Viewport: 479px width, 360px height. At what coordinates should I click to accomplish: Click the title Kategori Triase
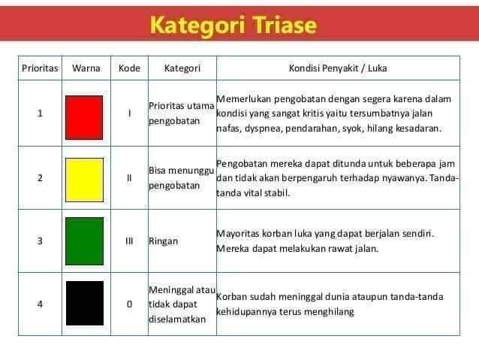click(x=233, y=25)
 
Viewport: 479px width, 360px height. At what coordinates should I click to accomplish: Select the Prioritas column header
click(x=40, y=68)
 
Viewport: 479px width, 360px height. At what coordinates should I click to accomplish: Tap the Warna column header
click(x=86, y=68)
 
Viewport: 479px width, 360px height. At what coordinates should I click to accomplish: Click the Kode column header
click(x=129, y=68)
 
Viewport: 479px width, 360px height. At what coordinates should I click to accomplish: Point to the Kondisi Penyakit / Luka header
click(x=338, y=68)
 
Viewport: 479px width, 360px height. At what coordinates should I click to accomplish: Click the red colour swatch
click(x=84, y=117)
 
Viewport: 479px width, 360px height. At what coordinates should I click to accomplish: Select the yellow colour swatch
click(x=84, y=180)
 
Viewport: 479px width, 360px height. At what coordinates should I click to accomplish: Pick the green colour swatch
click(x=84, y=241)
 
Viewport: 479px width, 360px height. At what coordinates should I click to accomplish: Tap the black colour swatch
click(x=85, y=303)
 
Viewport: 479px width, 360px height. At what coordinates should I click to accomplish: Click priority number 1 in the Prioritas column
click(x=40, y=113)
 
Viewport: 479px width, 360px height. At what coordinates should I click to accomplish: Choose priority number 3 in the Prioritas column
click(x=40, y=241)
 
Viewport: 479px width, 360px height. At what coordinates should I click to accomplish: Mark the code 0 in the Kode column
click(x=129, y=304)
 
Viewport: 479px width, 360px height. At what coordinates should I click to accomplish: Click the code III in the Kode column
click(x=129, y=241)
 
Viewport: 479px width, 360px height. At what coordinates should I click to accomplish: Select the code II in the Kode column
click(x=129, y=177)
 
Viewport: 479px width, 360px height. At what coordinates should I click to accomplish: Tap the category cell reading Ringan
click(x=163, y=241)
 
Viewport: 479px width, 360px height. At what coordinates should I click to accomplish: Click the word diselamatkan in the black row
click(x=177, y=319)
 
